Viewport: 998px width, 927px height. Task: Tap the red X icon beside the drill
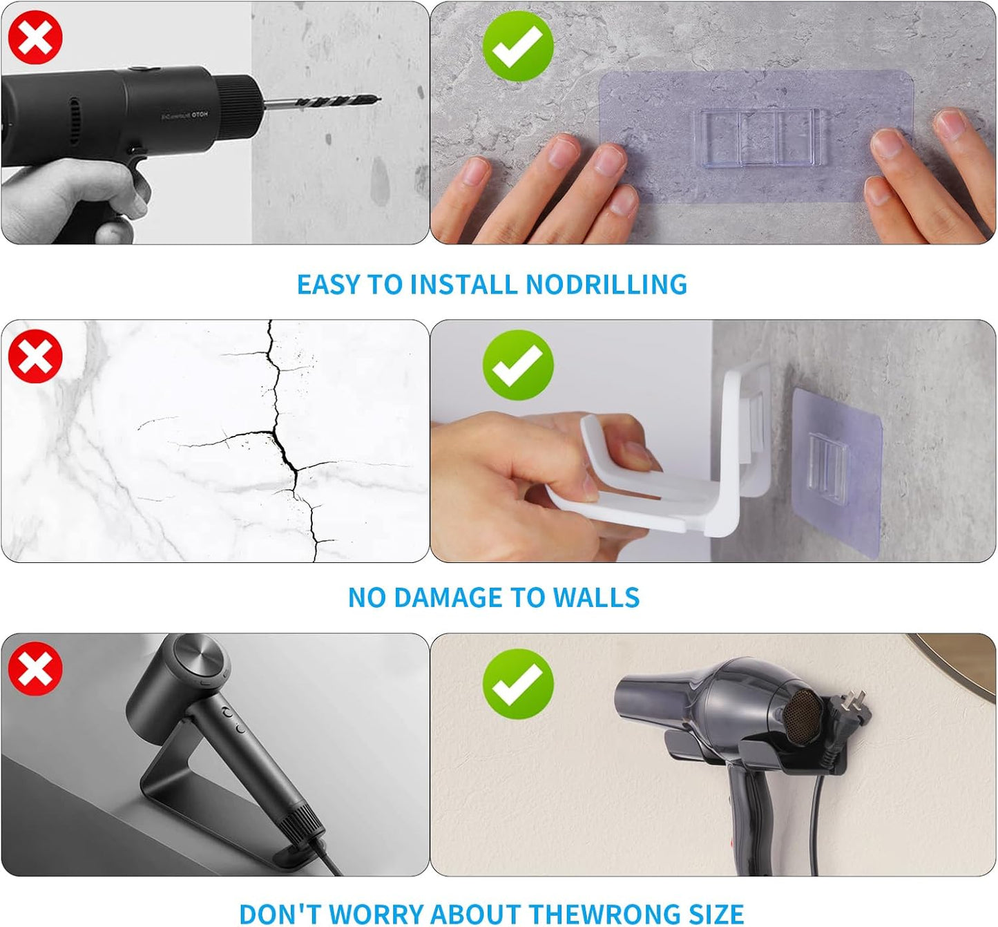35,38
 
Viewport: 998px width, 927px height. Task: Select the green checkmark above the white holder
518,365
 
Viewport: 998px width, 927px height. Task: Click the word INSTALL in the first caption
463,285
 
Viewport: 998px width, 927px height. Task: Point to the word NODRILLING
606,285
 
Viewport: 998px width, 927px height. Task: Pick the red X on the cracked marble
35,356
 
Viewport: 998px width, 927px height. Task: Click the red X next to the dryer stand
35,669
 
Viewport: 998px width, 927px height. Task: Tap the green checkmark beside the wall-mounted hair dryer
518,684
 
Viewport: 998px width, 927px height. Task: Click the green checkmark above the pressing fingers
518,46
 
